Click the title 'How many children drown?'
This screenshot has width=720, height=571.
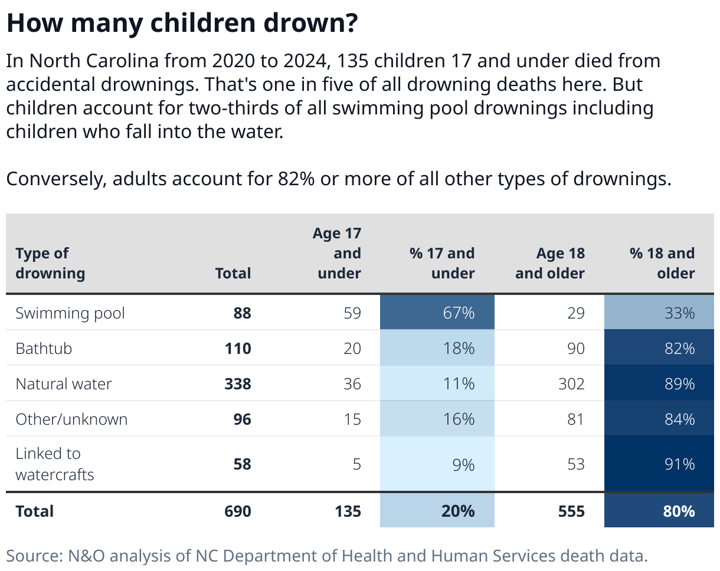(x=182, y=23)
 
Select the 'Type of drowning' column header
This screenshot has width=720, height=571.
(x=50, y=263)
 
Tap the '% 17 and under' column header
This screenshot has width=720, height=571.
(x=442, y=263)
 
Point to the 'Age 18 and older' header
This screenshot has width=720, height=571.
(x=550, y=263)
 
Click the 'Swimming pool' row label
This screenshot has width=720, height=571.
(x=70, y=313)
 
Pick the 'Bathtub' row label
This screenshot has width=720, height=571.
(x=44, y=349)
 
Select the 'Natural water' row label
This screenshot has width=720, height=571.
(x=64, y=384)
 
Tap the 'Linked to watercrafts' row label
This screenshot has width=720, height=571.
(x=54, y=464)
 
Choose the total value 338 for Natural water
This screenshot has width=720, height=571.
(x=237, y=384)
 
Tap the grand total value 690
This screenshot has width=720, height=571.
(x=237, y=511)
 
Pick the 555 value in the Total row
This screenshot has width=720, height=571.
(x=571, y=511)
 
